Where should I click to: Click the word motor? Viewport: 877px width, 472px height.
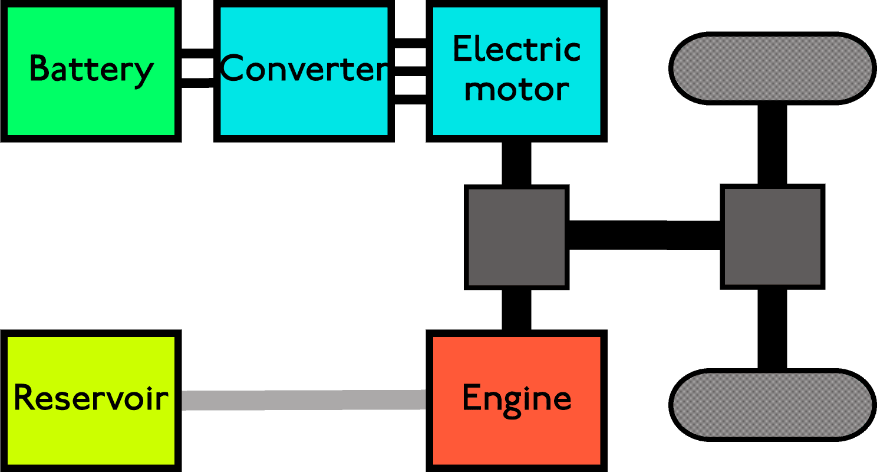coord(516,90)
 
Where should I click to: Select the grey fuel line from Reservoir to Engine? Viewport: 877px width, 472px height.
coord(303,400)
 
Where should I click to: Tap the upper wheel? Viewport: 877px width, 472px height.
coord(772,68)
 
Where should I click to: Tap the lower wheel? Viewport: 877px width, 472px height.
coord(772,405)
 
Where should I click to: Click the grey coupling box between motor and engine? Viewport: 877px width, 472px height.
coord(516,237)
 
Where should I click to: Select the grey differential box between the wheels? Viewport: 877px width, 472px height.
coord(772,237)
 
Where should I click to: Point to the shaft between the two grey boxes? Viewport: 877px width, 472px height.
coord(644,235)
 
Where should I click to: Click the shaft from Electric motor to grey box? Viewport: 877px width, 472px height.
coord(516,163)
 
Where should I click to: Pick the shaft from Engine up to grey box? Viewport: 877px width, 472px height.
coord(516,309)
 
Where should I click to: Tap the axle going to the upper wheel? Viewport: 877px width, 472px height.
coord(772,145)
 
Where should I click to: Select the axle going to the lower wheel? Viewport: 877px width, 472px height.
coord(772,329)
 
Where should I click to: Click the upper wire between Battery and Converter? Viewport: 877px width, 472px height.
coord(197,54)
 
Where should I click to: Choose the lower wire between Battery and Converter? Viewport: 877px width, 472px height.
coord(197,83)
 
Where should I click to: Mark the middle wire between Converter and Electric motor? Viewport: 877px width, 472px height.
coord(410,71)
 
